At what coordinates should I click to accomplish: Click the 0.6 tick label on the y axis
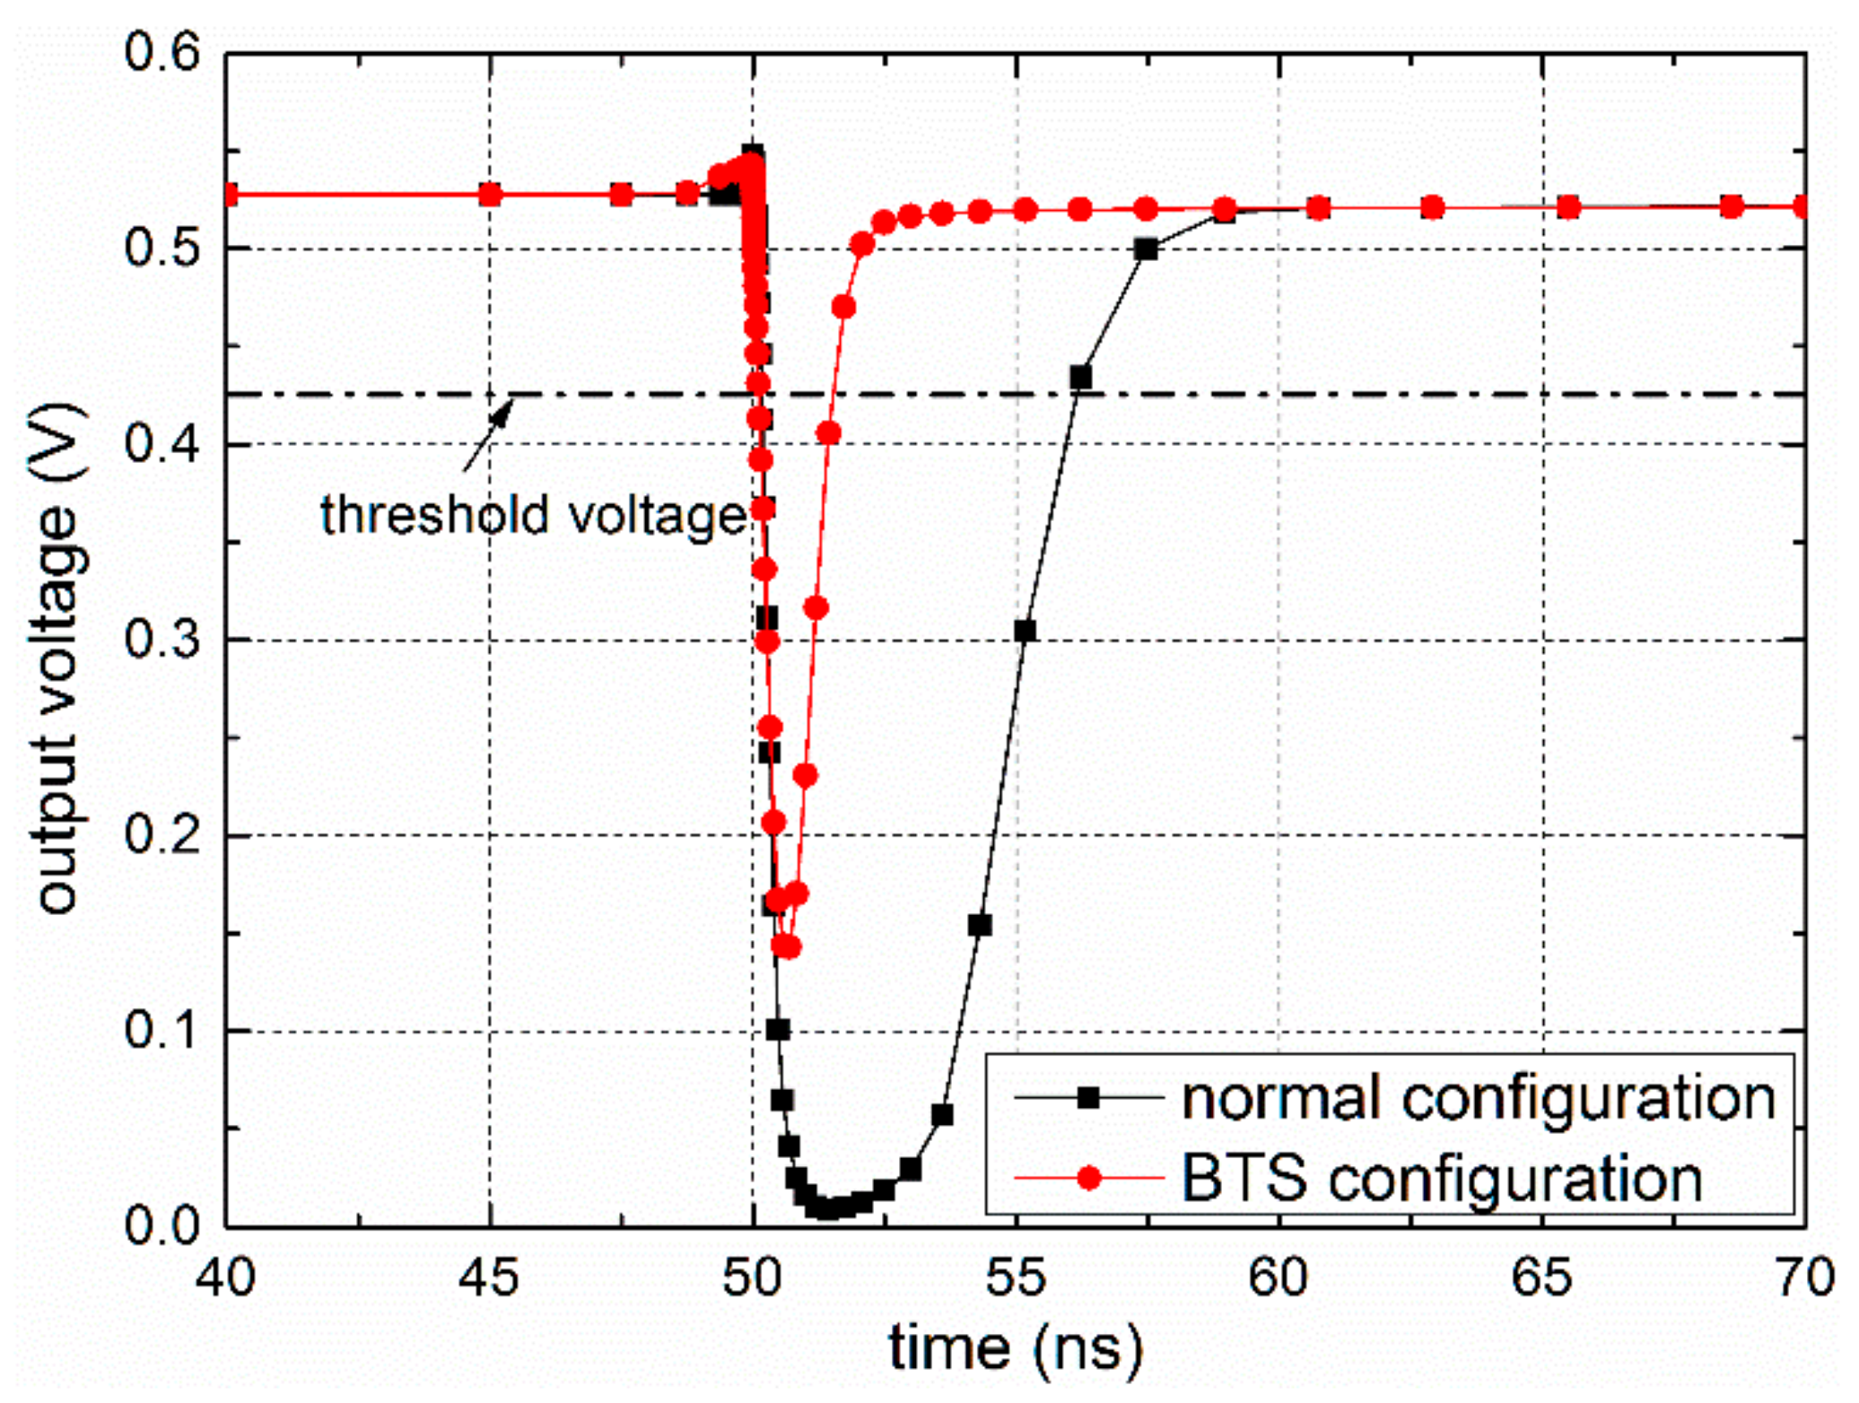(x=161, y=54)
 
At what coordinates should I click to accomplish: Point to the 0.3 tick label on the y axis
(x=161, y=640)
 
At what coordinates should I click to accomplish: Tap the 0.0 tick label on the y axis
(x=161, y=1226)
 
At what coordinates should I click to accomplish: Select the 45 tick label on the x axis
(x=489, y=1277)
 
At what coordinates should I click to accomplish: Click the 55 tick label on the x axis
(x=1017, y=1277)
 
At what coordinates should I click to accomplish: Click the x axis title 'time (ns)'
(x=1017, y=1348)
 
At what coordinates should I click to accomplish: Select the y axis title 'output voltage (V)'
(x=58, y=659)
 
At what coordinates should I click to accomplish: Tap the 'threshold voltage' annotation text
(x=533, y=517)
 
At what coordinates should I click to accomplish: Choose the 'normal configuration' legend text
(x=1479, y=1099)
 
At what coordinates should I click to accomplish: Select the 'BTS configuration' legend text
(x=1441, y=1178)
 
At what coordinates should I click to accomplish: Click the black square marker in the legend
(x=1088, y=1099)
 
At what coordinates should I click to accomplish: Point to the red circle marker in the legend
(x=1088, y=1178)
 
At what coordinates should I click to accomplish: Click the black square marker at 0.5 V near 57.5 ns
(x=1146, y=249)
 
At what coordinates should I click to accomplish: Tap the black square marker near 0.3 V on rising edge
(x=1025, y=631)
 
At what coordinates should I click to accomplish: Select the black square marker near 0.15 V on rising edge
(x=980, y=925)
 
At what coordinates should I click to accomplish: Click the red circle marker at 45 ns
(x=489, y=195)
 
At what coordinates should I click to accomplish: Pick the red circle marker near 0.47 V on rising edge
(x=843, y=308)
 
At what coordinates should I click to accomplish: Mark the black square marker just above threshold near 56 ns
(x=1081, y=378)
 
